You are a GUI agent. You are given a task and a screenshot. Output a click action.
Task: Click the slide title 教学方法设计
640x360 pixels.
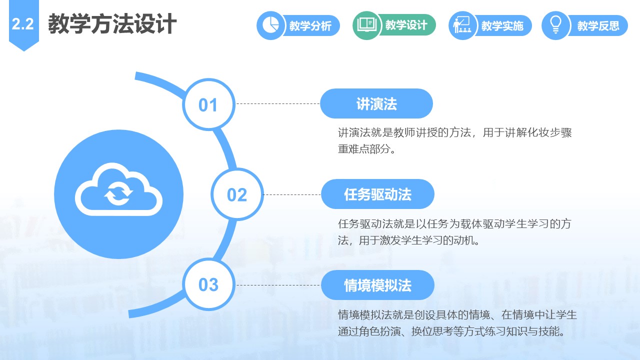pyautogui.click(x=112, y=24)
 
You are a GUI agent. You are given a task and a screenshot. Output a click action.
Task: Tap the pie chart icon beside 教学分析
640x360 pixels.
pyautogui.click(x=270, y=25)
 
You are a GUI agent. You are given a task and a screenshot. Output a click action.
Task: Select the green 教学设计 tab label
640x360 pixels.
pyautogui.click(x=406, y=25)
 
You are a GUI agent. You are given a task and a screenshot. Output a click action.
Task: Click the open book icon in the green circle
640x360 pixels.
pyautogui.click(x=367, y=25)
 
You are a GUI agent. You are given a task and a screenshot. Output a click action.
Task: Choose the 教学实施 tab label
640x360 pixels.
pyautogui.click(x=502, y=25)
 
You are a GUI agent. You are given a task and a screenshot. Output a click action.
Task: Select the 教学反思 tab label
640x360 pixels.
pyautogui.click(x=598, y=25)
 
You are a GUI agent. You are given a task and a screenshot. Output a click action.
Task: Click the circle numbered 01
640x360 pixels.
pyautogui.click(x=209, y=104)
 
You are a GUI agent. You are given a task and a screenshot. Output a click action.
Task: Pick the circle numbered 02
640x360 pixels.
pyautogui.click(x=237, y=194)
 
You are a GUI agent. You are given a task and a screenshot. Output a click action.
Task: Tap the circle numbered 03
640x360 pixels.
pyautogui.click(x=209, y=284)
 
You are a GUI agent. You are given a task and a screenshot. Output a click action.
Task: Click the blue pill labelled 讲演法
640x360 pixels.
pyautogui.click(x=376, y=103)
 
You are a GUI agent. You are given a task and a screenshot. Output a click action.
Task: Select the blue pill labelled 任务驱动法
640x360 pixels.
pyautogui.click(x=377, y=194)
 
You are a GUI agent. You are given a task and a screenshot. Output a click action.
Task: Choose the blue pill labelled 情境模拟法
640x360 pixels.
pyautogui.click(x=377, y=285)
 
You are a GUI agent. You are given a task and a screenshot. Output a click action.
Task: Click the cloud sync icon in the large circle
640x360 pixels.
pyautogui.click(x=118, y=189)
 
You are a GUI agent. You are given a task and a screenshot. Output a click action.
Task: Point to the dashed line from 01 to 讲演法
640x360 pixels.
pyautogui.click(x=278, y=103)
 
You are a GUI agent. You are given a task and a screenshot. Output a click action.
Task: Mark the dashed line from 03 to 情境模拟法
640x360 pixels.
pyautogui.click(x=278, y=285)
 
